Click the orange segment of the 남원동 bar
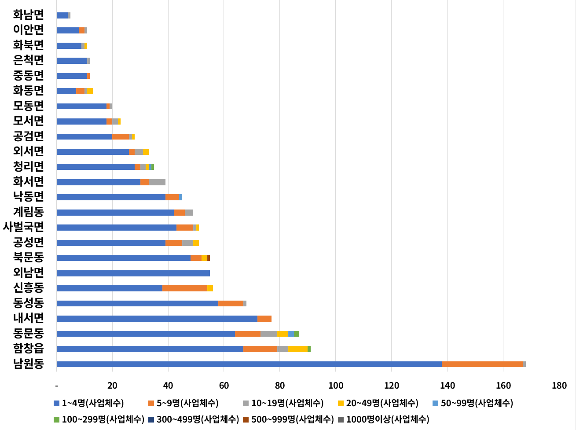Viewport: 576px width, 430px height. tap(482, 364)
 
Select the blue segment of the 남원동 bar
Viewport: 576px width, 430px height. tap(249, 364)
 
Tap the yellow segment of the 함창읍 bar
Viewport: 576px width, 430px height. tap(298, 349)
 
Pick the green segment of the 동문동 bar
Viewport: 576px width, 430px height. tap(297, 334)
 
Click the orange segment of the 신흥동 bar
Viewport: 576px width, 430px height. tap(185, 288)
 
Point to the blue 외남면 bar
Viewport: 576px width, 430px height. tap(133, 273)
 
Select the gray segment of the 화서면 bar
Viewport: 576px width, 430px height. tap(157, 182)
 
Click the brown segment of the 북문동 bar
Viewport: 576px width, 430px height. tap(209, 258)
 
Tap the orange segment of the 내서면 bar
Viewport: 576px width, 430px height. tap(264, 319)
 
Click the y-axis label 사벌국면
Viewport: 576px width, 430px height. tap(23, 227)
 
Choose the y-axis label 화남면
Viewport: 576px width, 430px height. tap(29, 15)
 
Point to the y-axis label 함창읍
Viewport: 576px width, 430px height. tap(29, 349)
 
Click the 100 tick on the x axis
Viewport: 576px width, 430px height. tap(336, 386)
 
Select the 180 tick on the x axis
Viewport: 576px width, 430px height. tap(559, 386)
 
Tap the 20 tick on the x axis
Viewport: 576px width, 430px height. tap(112, 386)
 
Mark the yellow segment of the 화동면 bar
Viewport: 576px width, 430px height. tap(90, 91)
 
